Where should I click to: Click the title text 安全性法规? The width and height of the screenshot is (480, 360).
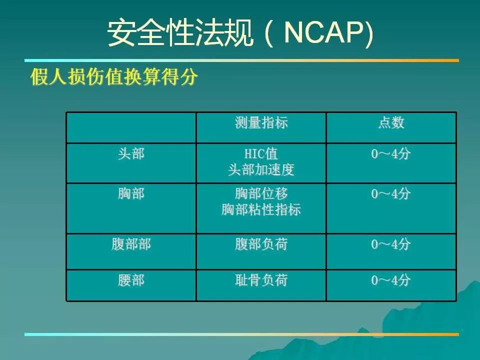180,33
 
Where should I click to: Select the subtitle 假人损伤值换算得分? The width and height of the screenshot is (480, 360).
114,76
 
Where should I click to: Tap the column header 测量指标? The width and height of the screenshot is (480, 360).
261,123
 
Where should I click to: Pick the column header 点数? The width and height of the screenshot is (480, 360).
391,123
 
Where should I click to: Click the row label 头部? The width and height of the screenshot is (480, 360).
131,153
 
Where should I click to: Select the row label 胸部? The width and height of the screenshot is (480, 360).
131,194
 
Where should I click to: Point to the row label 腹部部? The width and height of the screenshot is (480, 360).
131,244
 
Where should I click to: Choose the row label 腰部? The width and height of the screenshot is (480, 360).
131,280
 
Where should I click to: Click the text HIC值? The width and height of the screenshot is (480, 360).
261,153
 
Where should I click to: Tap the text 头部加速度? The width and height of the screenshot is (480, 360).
261,169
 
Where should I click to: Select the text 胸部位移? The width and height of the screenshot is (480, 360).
261,194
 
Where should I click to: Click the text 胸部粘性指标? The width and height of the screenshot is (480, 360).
261,209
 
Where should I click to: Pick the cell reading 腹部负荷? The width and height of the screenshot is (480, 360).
261,244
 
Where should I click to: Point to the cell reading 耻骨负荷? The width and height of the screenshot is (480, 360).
261,280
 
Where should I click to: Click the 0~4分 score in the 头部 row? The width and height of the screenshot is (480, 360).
391,153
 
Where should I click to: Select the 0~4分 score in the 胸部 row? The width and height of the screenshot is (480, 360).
391,194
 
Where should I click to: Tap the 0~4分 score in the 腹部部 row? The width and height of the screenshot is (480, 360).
391,244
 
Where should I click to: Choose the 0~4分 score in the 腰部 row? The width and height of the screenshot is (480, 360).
391,280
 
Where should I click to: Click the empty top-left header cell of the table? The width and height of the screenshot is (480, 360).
131,127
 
